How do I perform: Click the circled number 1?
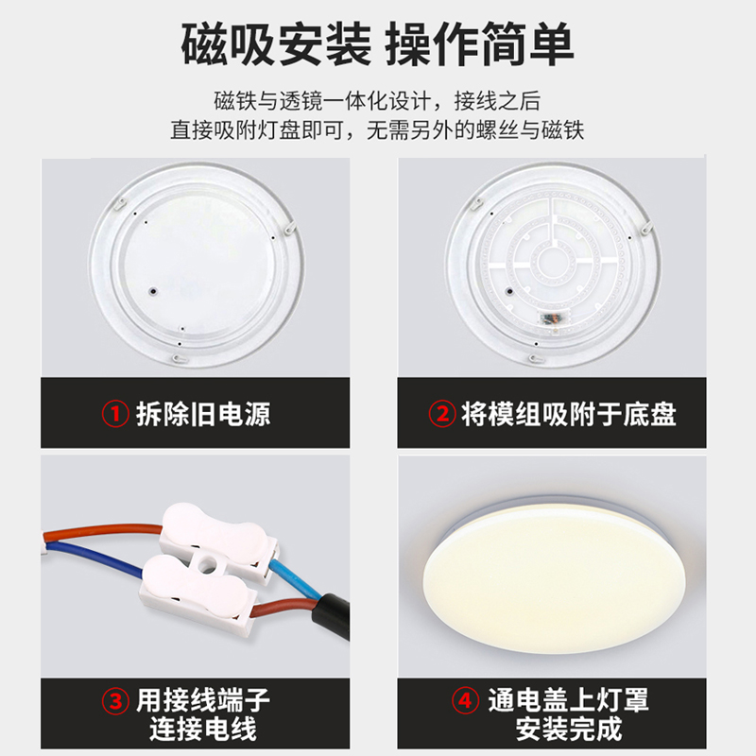115,414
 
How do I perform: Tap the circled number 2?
441,414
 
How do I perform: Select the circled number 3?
115,700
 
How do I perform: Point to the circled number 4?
464,700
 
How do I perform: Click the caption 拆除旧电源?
203,414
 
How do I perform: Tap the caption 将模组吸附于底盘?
569,414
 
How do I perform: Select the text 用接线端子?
203,700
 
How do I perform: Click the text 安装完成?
569,730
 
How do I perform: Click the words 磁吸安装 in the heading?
273,44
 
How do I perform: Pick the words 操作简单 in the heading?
482,44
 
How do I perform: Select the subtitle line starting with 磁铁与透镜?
377,102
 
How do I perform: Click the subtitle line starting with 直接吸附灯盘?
377,130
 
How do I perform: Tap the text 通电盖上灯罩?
569,700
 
